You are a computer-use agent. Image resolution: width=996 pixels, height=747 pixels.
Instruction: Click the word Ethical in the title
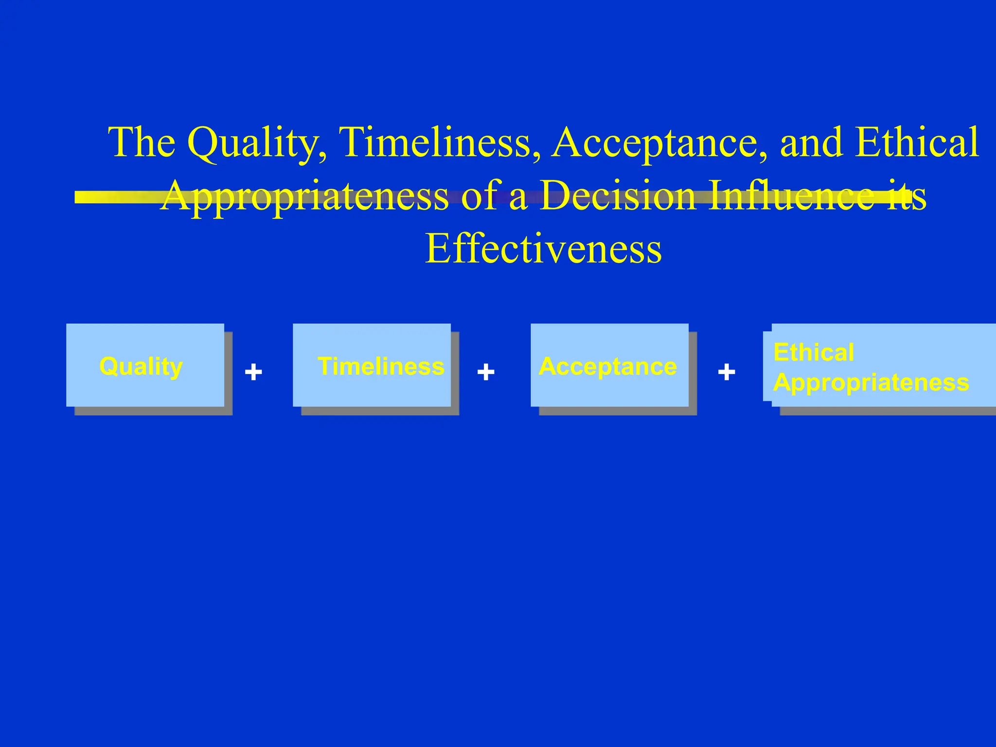[917, 142]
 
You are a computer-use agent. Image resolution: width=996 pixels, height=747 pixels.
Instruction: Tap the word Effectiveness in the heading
[543, 249]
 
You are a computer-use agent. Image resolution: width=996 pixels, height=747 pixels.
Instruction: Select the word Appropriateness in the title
[305, 196]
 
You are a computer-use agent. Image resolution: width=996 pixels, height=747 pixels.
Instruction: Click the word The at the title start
[142, 142]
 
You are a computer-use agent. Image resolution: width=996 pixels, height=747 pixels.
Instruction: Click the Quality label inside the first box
[141, 366]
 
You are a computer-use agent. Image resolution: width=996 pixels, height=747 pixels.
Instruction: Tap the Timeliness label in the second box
[381, 366]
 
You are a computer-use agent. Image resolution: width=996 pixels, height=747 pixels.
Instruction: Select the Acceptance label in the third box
[608, 366]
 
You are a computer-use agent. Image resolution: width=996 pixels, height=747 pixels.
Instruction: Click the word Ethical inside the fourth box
[814, 352]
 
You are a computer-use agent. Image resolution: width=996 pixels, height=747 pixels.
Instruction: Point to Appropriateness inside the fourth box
[871, 383]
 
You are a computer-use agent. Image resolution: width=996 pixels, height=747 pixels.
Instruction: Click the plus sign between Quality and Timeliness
[253, 373]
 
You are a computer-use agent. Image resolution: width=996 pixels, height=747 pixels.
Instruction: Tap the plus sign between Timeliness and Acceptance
[486, 373]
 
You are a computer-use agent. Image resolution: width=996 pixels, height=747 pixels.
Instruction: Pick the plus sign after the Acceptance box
[727, 373]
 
